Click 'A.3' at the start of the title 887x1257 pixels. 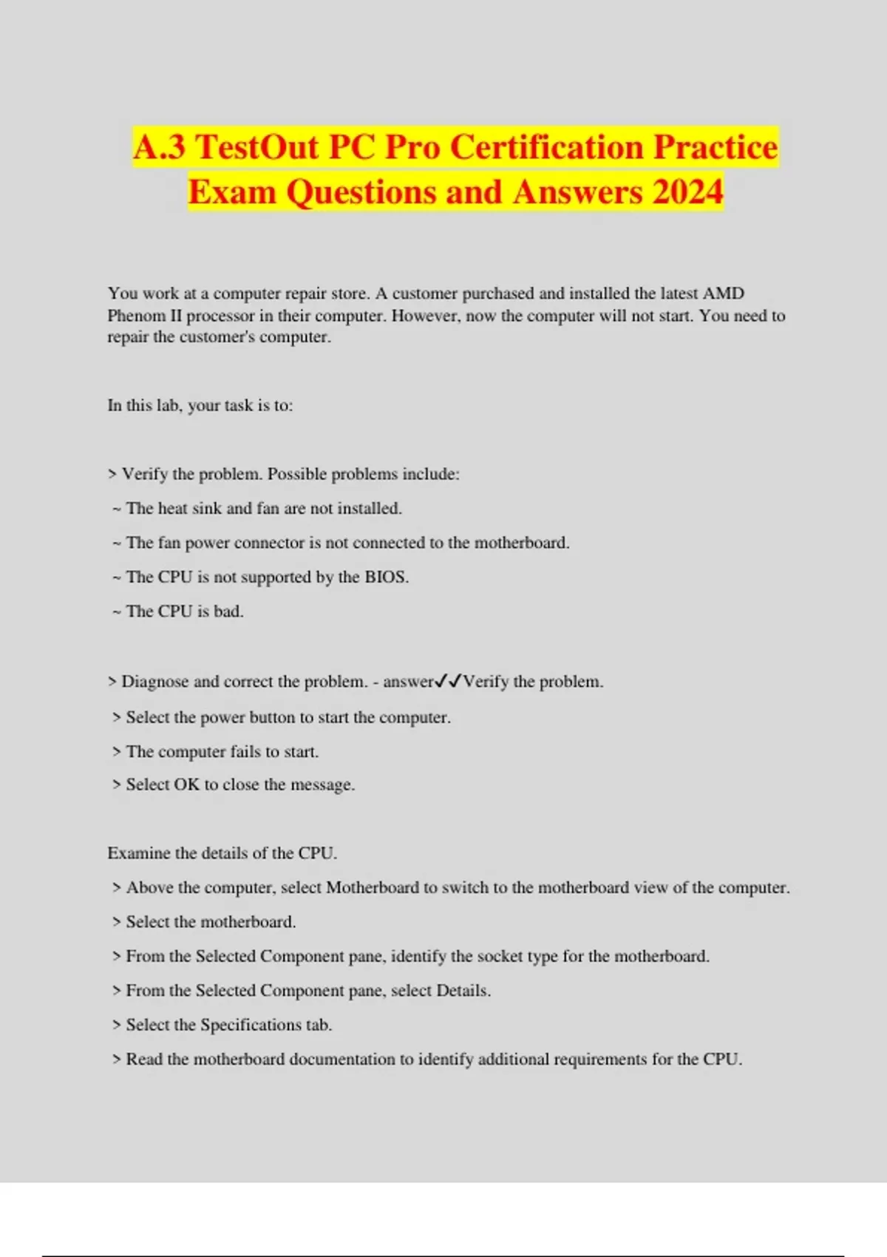coord(159,146)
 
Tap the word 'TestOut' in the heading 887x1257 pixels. coord(258,146)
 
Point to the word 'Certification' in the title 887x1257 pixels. coord(546,146)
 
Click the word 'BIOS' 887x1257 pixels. coord(385,577)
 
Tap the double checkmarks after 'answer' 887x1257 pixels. coord(449,681)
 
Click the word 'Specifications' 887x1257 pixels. coord(251,1025)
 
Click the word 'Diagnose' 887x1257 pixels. coord(154,682)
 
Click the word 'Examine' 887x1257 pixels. coord(138,853)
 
